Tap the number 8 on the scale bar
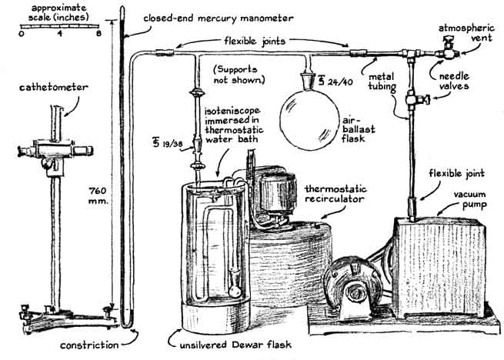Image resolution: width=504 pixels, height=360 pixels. coord(98,34)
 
